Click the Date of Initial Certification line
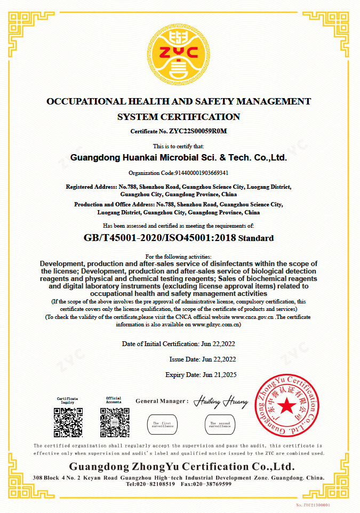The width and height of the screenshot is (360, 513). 179,344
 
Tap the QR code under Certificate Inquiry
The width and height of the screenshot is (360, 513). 68,422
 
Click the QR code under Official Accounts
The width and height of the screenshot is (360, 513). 114,422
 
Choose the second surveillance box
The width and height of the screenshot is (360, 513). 220,424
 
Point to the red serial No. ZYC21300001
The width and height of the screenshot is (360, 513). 313,504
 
